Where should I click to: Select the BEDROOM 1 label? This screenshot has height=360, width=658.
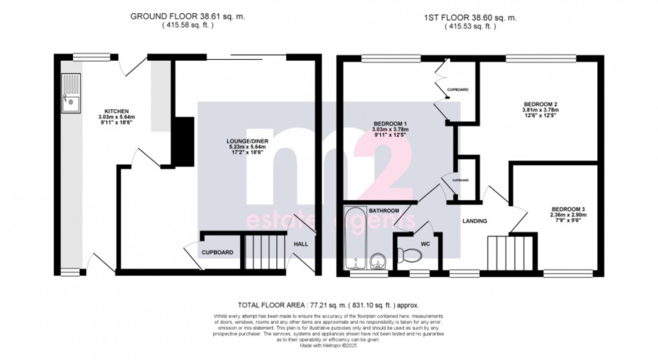391,124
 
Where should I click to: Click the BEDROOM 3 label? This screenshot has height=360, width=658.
568,208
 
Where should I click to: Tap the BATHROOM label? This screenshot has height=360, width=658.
383,210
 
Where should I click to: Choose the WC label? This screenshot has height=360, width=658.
425,245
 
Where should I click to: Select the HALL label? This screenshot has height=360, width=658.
301,244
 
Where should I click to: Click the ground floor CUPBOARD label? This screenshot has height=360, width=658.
218,252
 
